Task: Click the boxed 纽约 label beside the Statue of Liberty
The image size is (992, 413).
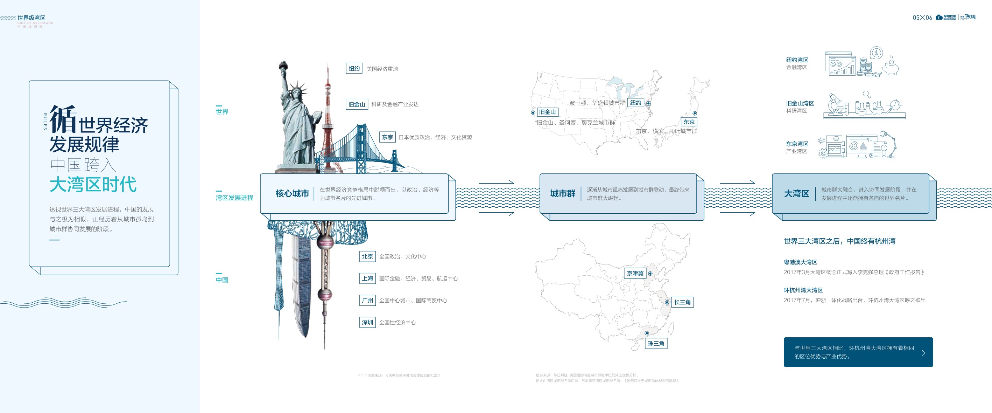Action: tap(354, 68)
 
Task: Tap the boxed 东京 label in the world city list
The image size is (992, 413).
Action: tap(387, 137)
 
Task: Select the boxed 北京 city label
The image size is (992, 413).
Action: tap(367, 256)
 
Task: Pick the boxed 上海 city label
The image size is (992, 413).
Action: tap(367, 278)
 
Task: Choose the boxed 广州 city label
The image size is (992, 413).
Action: tap(367, 301)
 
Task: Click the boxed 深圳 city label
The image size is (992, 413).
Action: tap(367, 322)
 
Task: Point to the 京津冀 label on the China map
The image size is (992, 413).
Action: tap(635, 273)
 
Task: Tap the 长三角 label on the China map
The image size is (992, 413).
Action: tap(682, 302)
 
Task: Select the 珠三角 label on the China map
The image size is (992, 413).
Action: tap(656, 343)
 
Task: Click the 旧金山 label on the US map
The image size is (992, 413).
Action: tap(547, 112)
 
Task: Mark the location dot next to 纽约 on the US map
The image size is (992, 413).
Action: tap(648, 103)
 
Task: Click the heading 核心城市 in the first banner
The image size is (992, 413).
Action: tap(292, 194)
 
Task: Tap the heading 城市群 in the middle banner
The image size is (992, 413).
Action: tap(563, 194)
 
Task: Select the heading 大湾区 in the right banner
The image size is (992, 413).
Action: tap(796, 194)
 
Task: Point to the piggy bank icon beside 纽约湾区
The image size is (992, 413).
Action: tap(891, 68)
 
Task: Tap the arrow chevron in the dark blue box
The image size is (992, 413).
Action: tap(923, 352)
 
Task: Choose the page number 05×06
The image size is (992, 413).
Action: tap(922, 18)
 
